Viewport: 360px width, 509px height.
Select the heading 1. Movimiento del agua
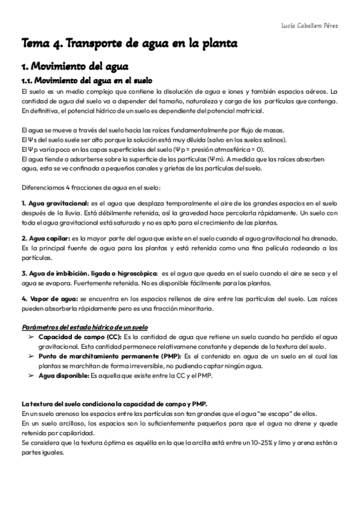[74, 67]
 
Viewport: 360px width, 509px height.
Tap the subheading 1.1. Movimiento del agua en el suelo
[88, 80]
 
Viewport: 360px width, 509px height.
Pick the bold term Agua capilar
[46, 238]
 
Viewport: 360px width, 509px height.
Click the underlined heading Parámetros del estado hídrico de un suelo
[84, 328]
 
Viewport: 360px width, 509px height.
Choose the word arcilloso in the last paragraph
[61, 424]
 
